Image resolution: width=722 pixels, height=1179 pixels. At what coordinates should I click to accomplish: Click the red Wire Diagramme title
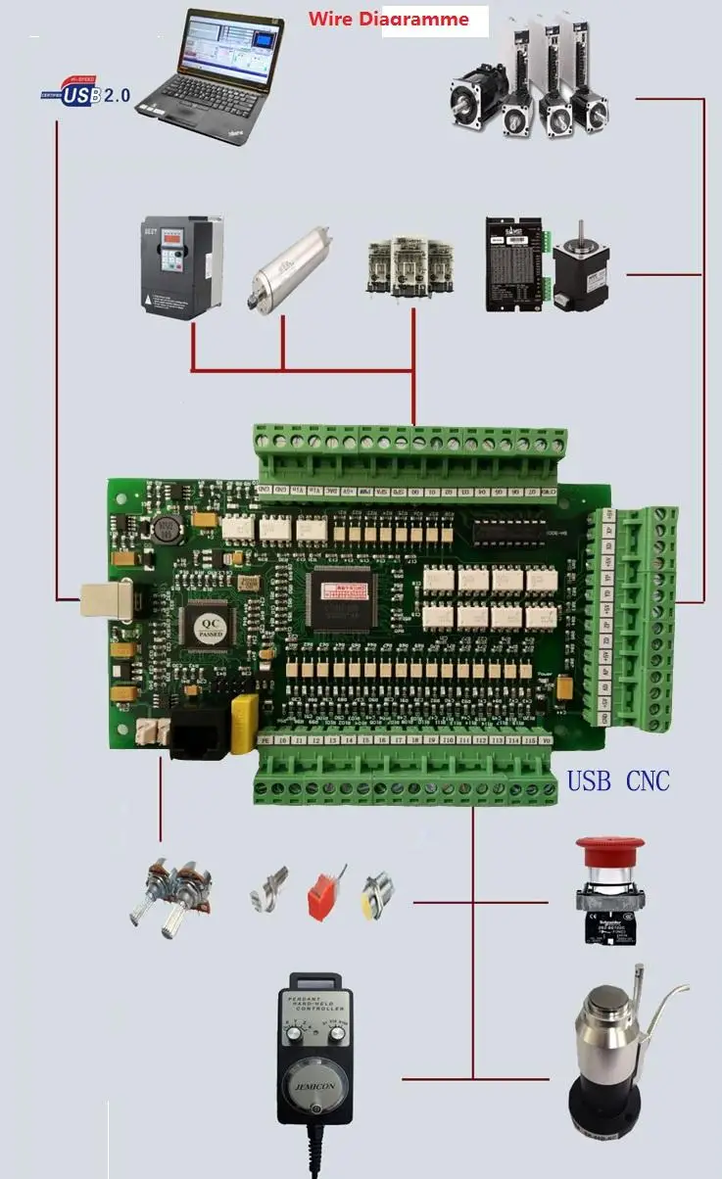coord(388,19)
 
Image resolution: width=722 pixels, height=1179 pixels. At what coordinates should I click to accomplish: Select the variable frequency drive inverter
coord(181,265)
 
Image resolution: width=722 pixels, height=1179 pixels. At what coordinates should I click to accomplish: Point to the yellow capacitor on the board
coord(243,724)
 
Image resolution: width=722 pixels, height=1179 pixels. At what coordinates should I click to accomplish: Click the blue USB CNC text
coord(618,780)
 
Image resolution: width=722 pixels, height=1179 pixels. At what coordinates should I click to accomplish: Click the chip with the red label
coord(340,592)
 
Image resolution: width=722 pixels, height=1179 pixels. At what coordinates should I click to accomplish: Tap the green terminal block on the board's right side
coord(635,617)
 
